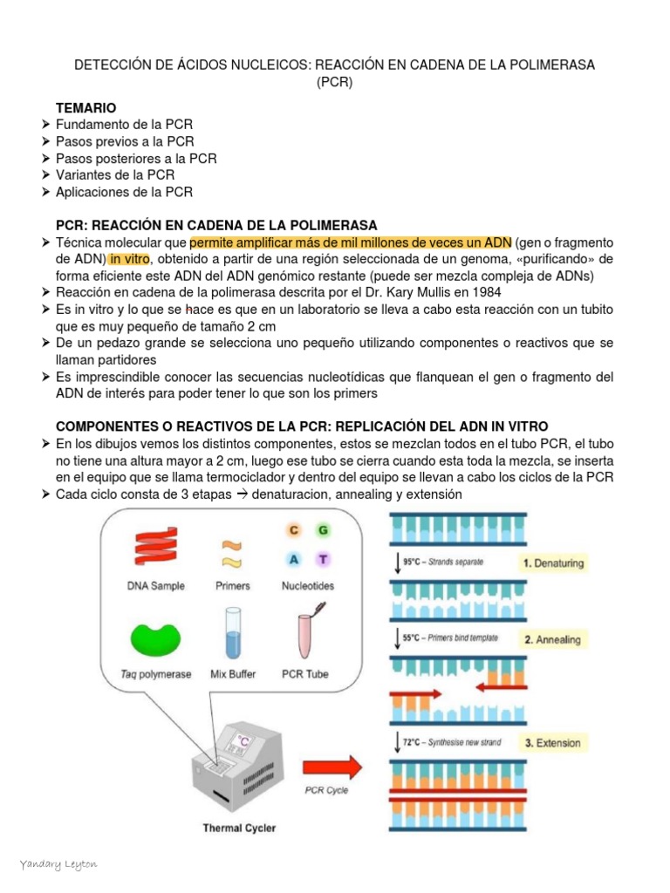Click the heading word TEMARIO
(x=85, y=107)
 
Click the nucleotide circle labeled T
(x=322, y=560)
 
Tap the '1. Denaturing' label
(x=553, y=563)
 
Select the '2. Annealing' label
(x=552, y=639)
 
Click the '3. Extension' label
(x=551, y=743)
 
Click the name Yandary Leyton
(x=58, y=863)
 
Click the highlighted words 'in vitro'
(x=128, y=259)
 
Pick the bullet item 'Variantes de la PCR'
(x=115, y=175)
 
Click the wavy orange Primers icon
(x=232, y=552)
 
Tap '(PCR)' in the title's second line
(x=334, y=82)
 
